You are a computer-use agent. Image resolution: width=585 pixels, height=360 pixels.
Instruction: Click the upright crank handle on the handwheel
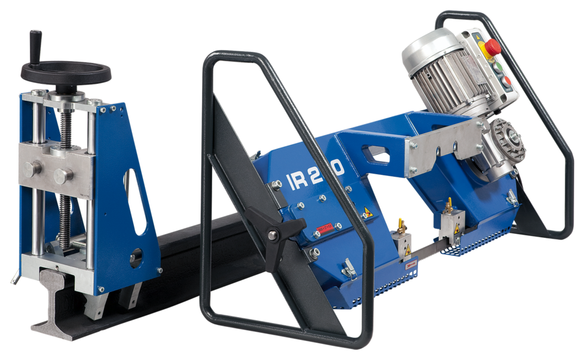(33, 46)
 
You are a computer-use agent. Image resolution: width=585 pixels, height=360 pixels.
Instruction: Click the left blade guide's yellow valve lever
(400, 224)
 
